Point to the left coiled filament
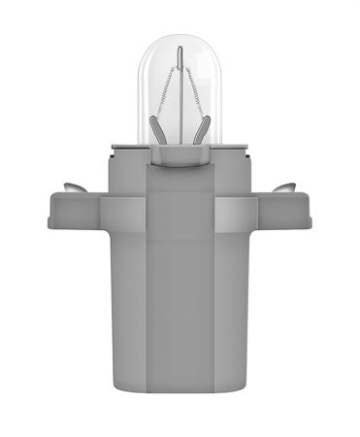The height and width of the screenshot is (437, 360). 164,92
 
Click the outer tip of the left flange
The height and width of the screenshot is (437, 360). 51,213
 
